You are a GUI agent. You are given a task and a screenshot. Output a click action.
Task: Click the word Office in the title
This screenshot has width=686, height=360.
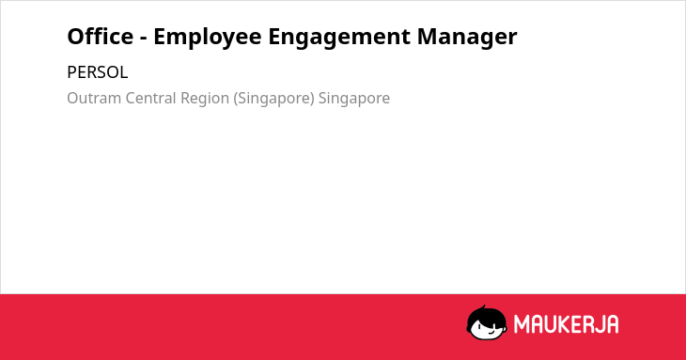click(101, 36)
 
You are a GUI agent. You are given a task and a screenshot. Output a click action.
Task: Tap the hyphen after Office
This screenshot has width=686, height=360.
click(144, 38)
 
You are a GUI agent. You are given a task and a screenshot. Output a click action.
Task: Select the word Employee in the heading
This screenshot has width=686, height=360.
click(208, 38)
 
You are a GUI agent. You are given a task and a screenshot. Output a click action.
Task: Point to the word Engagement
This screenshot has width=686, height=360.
click(339, 38)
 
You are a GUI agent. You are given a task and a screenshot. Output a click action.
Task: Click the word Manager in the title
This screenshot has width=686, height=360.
click(467, 38)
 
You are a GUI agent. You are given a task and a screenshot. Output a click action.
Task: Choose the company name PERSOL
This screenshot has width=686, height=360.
click(98, 72)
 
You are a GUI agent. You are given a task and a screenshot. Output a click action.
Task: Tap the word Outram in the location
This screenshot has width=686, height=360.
click(94, 98)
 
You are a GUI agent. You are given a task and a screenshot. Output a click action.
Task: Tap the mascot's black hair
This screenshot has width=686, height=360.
click(486, 316)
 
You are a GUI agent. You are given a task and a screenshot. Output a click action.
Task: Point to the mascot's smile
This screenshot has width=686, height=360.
click(491, 332)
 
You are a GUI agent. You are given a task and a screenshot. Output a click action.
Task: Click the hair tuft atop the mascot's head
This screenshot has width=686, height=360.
click(483, 307)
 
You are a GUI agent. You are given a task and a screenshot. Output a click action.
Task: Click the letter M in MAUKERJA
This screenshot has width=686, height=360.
click(521, 324)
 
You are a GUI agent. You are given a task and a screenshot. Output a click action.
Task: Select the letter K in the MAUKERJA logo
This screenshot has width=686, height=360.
click(565, 324)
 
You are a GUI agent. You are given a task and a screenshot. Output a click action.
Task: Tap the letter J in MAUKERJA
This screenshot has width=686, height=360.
click(599, 324)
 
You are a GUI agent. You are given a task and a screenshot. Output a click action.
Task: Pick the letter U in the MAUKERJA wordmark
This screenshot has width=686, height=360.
click(551, 324)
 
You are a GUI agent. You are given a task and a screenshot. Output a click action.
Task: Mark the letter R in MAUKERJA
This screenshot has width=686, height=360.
click(587, 324)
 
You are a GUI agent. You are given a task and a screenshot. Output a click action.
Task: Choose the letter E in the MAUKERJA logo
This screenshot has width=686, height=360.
click(577, 324)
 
